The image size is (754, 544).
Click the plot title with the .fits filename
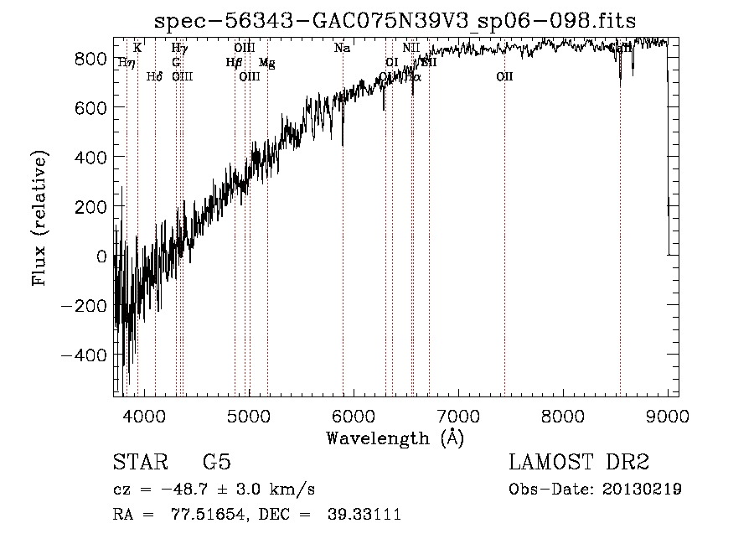click(396, 20)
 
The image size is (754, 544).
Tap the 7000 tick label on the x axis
click(458, 415)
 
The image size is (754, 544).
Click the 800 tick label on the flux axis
click(90, 58)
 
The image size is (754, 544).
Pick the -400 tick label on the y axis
click(84, 355)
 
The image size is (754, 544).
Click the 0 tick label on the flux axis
click(102, 256)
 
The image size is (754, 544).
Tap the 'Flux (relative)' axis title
click(40, 218)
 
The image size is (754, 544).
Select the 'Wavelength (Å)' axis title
click(395, 438)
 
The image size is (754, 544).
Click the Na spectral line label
click(342, 48)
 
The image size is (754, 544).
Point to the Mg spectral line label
click(266, 62)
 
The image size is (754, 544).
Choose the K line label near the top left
click(137, 48)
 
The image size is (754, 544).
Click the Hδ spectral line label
click(155, 77)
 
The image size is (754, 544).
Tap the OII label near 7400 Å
click(504, 77)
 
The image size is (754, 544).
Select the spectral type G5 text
click(217, 463)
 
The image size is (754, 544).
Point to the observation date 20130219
click(643, 490)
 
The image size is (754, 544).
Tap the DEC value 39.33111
click(366, 515)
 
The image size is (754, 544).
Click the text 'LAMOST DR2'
click(579, 463)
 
